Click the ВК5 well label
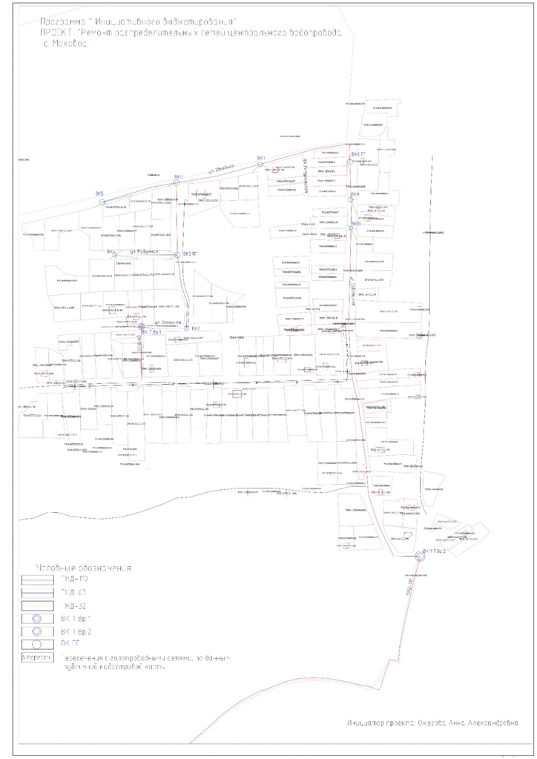[x=99, y=194]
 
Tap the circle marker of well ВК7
[x=260, y=165]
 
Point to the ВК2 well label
[x=196, y=328]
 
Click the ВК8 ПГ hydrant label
[x=359, y=154]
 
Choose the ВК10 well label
[x=356, y=222]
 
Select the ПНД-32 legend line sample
[x=38, y=606]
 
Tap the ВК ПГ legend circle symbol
[x=38, y=643]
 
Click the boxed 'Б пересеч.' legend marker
[x=37, y=657]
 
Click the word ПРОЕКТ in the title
[x=53, y=33]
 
